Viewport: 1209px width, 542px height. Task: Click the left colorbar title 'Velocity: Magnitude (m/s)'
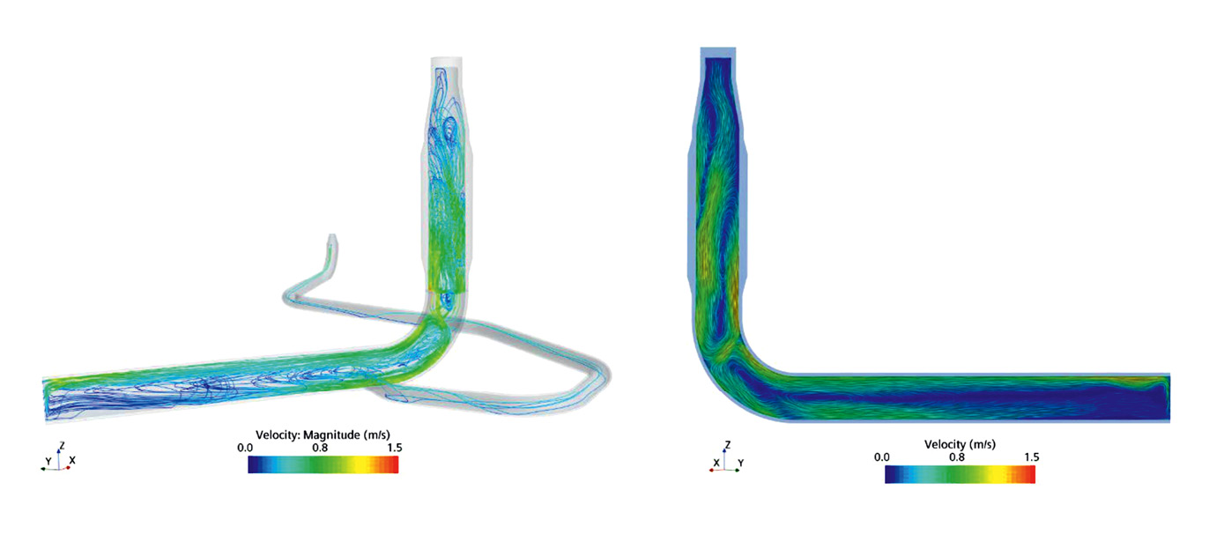coord(323,434)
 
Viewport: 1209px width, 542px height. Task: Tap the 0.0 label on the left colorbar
coord(245,448)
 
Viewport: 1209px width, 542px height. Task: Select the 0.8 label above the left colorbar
coord(320,448)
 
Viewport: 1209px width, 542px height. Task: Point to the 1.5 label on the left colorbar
coord(395,448)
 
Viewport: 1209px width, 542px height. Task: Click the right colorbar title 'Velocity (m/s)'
coord(960,444)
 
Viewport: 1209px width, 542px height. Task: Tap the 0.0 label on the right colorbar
coord(882,457)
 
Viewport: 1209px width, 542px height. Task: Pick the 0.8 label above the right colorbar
coord(957,457)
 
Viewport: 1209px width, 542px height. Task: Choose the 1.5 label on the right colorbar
coord(1031,457)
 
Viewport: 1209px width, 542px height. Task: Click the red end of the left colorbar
coord(392,464)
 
